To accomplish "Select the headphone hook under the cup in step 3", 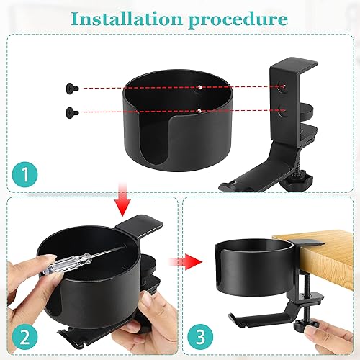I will point(252,313).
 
